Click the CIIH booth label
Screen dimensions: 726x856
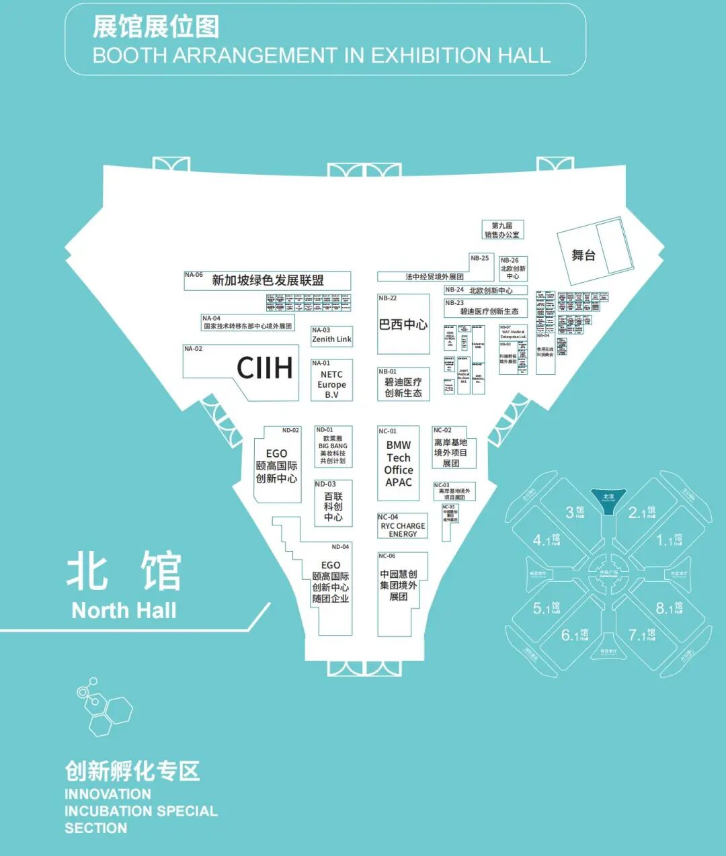[265, 368]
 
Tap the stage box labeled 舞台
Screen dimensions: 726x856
[583, 255]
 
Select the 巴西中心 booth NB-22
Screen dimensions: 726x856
[403, 325]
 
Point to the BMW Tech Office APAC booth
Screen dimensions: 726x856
[399, 464]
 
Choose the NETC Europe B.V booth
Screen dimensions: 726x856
[331, 383]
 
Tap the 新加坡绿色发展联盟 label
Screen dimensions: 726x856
[268, 281]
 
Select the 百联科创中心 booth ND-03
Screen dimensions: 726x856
[333, 505]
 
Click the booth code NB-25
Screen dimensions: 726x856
[480, 259]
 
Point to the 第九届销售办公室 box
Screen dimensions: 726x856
[502, 230]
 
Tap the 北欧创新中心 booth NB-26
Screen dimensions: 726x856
[512, 269]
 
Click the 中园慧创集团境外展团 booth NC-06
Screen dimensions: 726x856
[399, 586]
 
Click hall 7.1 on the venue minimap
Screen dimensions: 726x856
[641, 635]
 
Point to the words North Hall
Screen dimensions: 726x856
[124, 611]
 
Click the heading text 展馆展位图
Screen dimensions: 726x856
[156, 28]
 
